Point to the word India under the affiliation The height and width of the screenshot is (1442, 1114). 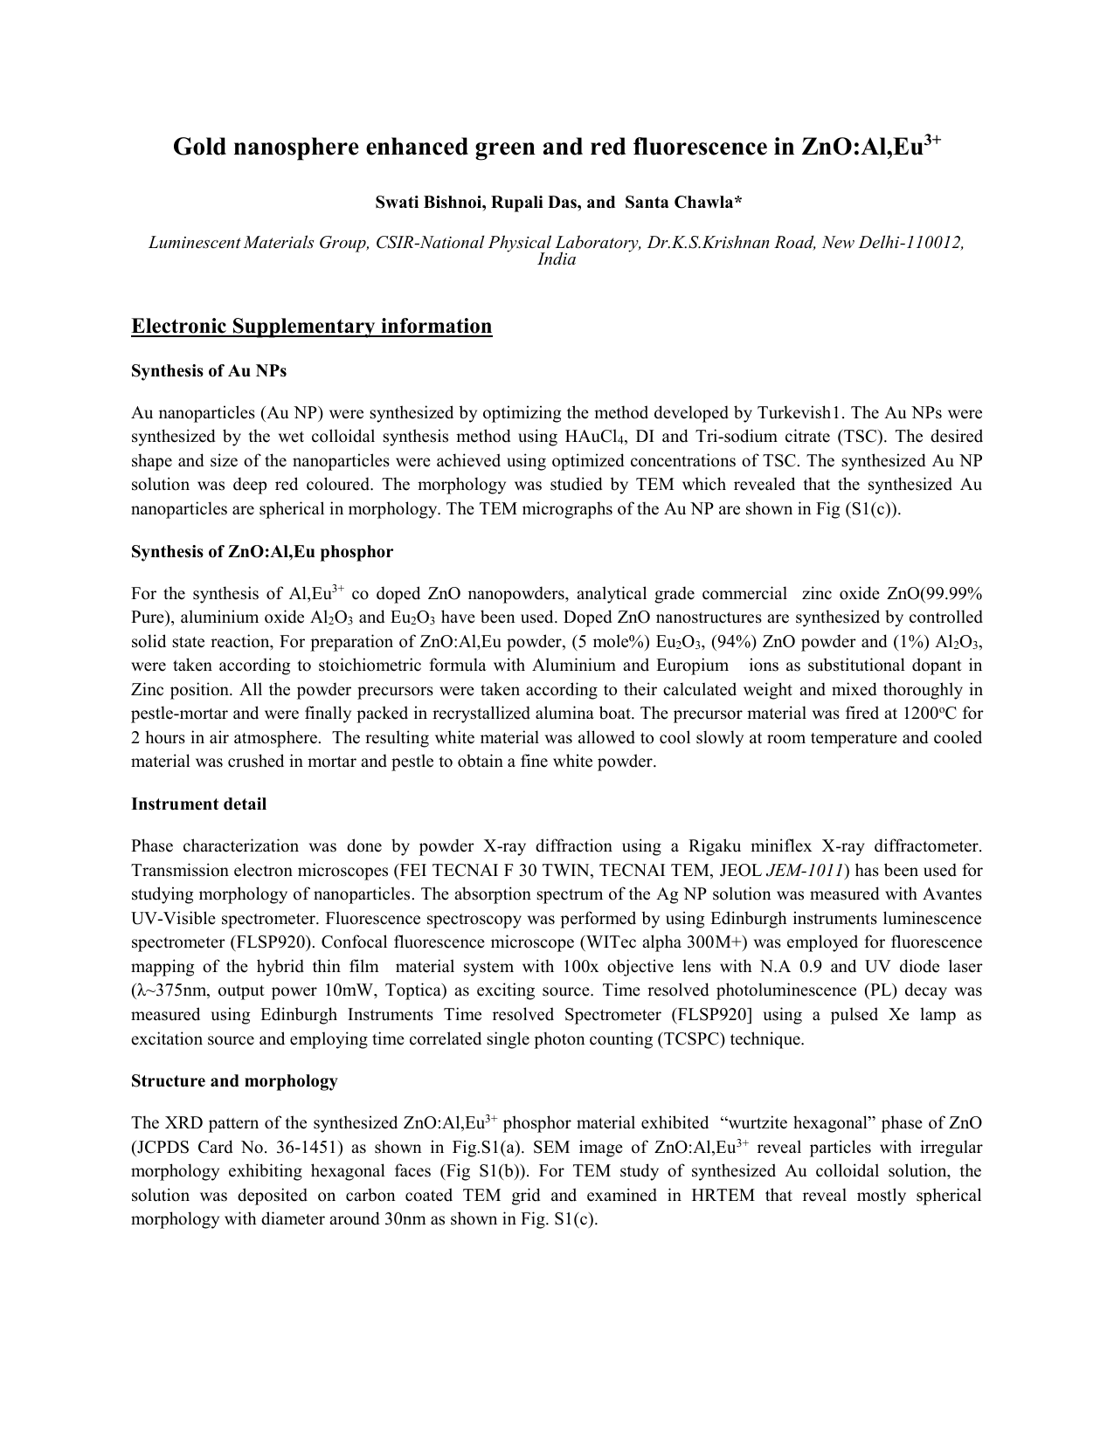tap(557, 259)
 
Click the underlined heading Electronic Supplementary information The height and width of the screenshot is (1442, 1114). tap(311, 327)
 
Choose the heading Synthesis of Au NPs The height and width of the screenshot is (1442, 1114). tap(209, 371)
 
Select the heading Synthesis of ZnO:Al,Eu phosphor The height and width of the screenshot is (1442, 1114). tap(262, 552)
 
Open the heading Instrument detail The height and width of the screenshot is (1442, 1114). tap(198, 804)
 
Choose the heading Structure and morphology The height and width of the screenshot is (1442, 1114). tap(234, 1081)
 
